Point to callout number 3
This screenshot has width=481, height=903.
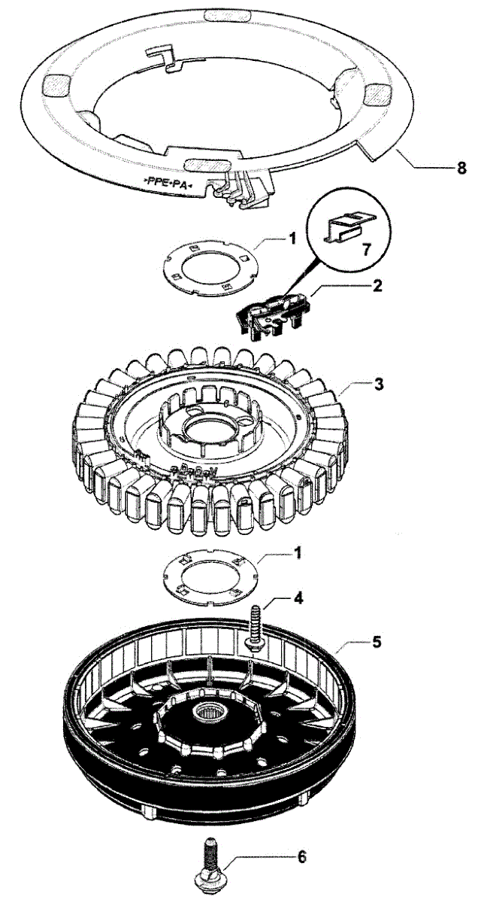[380, 384]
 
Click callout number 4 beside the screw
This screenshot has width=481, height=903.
[299, 599]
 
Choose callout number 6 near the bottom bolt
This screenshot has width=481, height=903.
[301, 857]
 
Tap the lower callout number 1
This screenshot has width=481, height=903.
[298, 552]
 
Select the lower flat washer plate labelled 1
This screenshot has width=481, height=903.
[213, 575]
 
